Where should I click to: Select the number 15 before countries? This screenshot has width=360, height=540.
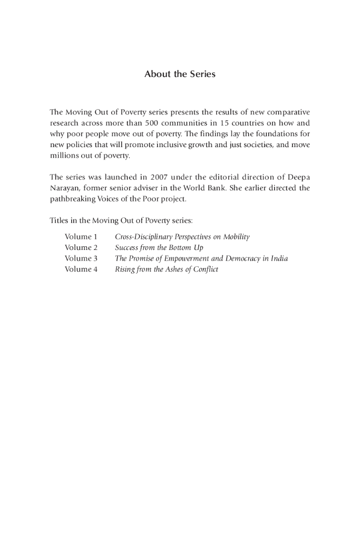coord(225,123)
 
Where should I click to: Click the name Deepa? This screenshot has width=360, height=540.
coord(299,177)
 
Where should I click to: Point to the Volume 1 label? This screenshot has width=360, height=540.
coord(81,237)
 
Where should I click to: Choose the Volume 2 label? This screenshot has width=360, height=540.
coord(81,248)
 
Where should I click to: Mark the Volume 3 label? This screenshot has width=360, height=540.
coord(81,258)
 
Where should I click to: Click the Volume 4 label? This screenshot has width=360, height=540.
coord(81,269)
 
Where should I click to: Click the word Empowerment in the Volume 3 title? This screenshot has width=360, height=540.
coord(186,258)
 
